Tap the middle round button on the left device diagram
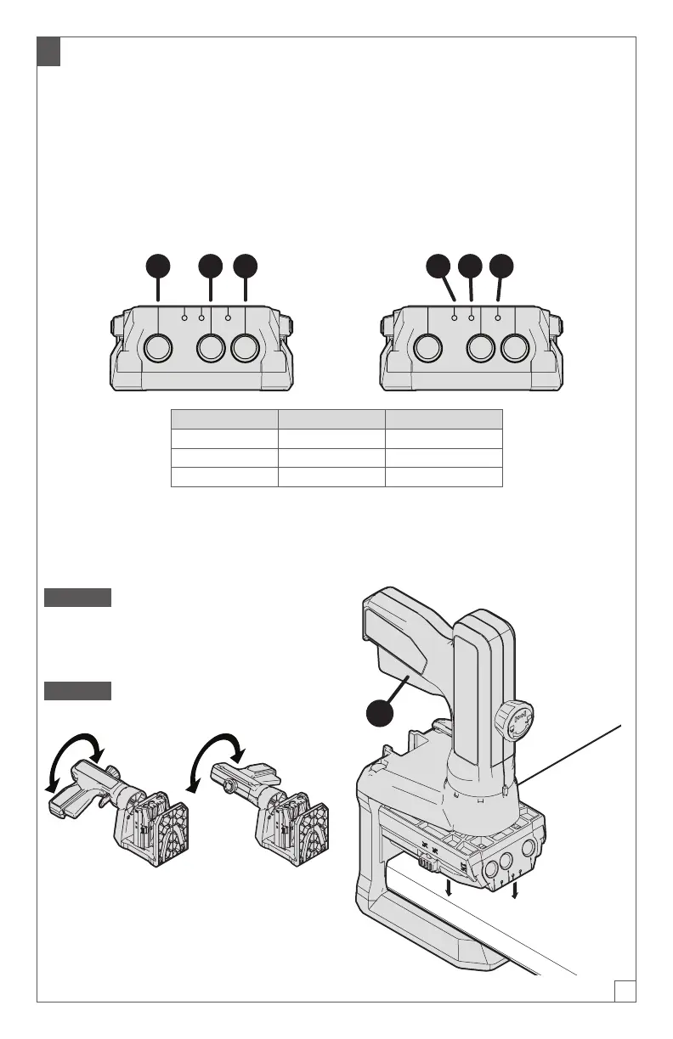pos(212,348)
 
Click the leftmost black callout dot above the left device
pos(158,266)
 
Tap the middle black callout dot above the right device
pos(470,266)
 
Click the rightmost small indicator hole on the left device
pos(228,317)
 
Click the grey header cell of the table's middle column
pos(332,418)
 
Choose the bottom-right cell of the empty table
pos(444,476)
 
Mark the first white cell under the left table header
pos(225,438)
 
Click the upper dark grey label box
pos(77,597)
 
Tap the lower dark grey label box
pos(77,690)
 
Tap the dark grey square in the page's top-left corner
pos(48,52)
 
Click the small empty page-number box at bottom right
pos(625,991)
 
